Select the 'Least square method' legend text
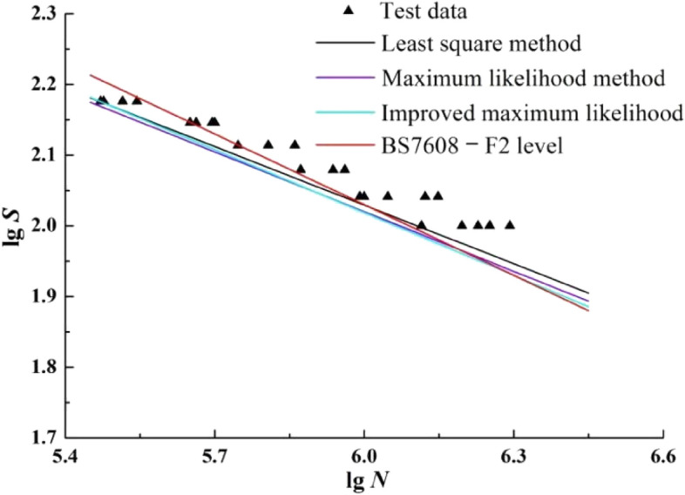point(482,43)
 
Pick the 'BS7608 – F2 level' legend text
point(475,146)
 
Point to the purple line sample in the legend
point(349,78)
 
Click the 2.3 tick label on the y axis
point(42,14)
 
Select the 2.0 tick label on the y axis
point(42,226)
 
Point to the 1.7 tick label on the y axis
point(42,437)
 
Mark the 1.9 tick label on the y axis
point(42,296)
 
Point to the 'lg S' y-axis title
point(13,224)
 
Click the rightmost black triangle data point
point(510,224)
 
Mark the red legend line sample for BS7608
point(349,146)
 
